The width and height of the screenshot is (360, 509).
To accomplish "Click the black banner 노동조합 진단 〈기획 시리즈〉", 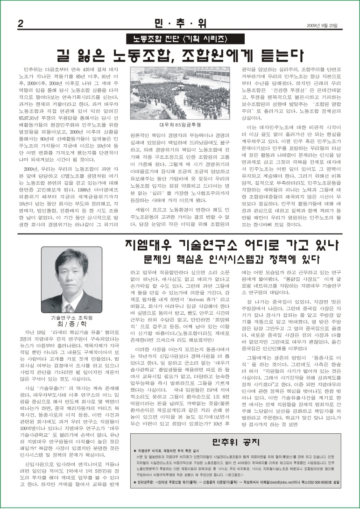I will pos(180,38).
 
